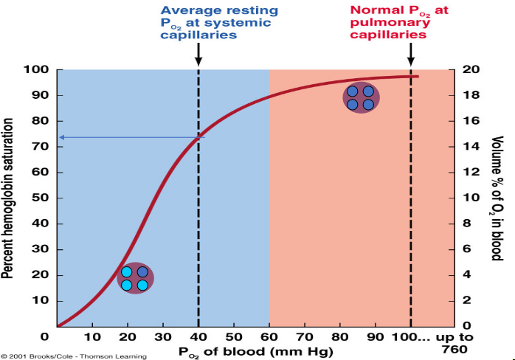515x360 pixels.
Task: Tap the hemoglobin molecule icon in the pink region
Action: [x=362, y=97]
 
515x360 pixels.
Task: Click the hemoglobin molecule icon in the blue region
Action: [x=135, y=278]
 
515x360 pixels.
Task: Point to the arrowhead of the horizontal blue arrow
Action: [x=63, y=137]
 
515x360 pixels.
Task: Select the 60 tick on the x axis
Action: [x=269, y=337]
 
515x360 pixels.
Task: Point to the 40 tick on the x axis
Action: [x=198, y=337]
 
